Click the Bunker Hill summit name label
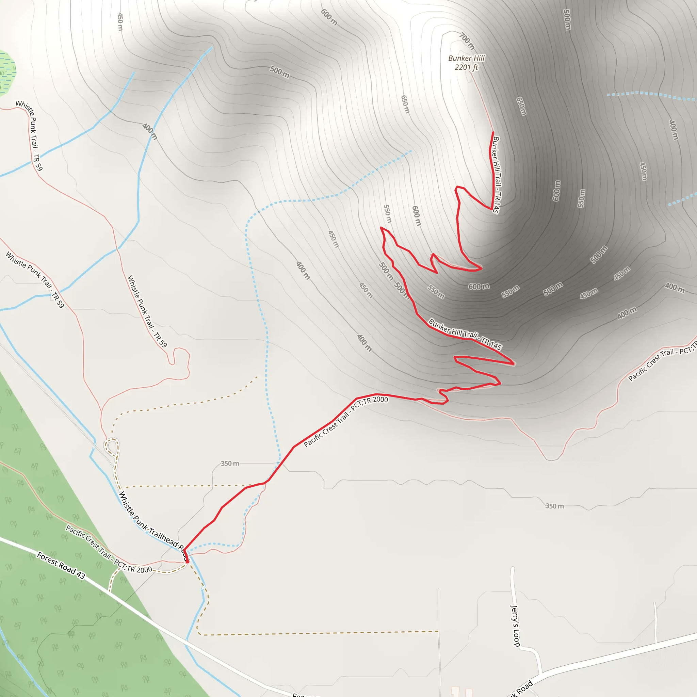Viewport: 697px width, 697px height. click(466, 58)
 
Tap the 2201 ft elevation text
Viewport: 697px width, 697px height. click(466, 67)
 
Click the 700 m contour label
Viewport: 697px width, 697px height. click(467, 41)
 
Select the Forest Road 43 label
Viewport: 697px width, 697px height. click(61, 566)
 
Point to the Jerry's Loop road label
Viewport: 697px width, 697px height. click(515, 626)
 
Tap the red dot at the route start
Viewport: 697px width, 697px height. click(187, 561)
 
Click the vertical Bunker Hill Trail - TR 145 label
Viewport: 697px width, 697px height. click(497, 175)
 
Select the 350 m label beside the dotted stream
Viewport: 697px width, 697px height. click(230, 464)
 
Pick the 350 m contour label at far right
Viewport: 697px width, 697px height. click(554, 506)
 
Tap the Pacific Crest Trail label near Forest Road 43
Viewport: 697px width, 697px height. click(109, 549)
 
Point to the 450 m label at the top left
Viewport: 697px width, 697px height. click(120, 22)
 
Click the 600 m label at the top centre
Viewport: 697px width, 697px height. click(329, 17)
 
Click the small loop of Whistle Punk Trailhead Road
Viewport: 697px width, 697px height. click(112, 447)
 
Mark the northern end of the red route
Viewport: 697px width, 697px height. click(493, 132)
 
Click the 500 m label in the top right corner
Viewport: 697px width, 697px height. click(567, 20)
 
